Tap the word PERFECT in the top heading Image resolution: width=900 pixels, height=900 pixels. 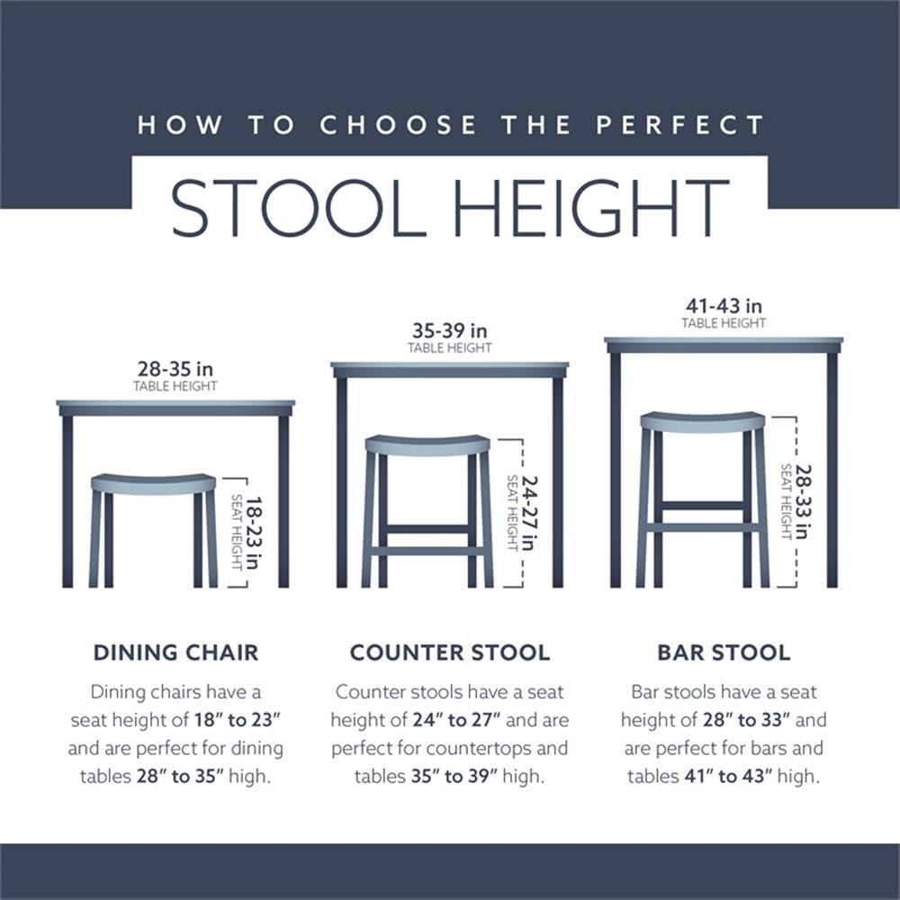point(679,125)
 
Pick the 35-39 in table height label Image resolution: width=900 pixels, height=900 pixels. point(449,331)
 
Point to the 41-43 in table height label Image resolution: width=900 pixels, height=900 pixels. point(724,307)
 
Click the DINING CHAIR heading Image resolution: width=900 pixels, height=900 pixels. point(175,652)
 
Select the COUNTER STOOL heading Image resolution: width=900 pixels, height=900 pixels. point(449,652)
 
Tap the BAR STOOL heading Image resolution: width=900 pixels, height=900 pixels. point(724,652)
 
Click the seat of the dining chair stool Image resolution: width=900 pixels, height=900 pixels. point(153,483)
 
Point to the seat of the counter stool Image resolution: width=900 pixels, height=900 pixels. point(427,445)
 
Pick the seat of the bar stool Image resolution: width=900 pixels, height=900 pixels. point(702,421)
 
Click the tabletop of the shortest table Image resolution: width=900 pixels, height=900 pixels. point(175,408)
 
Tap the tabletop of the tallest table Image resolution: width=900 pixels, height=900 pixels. point(724,345)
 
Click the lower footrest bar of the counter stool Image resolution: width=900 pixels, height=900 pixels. point(427,550)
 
